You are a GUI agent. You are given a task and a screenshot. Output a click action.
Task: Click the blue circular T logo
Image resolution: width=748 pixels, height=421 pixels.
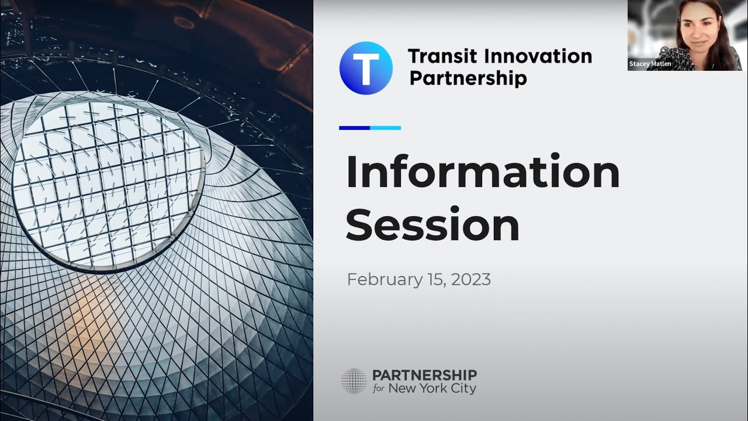click(366, 68)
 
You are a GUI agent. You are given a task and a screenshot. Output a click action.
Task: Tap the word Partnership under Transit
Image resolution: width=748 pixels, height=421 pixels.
click(468, 78)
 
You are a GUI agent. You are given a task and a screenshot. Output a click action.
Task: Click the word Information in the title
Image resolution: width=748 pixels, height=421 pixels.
click(483, 172)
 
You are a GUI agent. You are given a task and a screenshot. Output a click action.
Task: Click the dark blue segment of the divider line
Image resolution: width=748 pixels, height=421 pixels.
click(354, 127)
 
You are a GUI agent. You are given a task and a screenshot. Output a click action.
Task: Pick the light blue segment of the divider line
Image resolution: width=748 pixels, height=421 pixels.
click(386, 127)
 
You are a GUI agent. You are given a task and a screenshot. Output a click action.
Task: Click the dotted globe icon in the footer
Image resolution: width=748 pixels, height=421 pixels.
click(354, 381)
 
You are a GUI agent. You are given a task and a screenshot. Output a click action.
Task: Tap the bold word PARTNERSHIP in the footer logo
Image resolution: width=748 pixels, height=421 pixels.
click(425, 375)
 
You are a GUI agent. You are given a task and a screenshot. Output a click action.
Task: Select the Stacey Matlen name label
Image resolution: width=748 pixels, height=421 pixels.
click(650, 64)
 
